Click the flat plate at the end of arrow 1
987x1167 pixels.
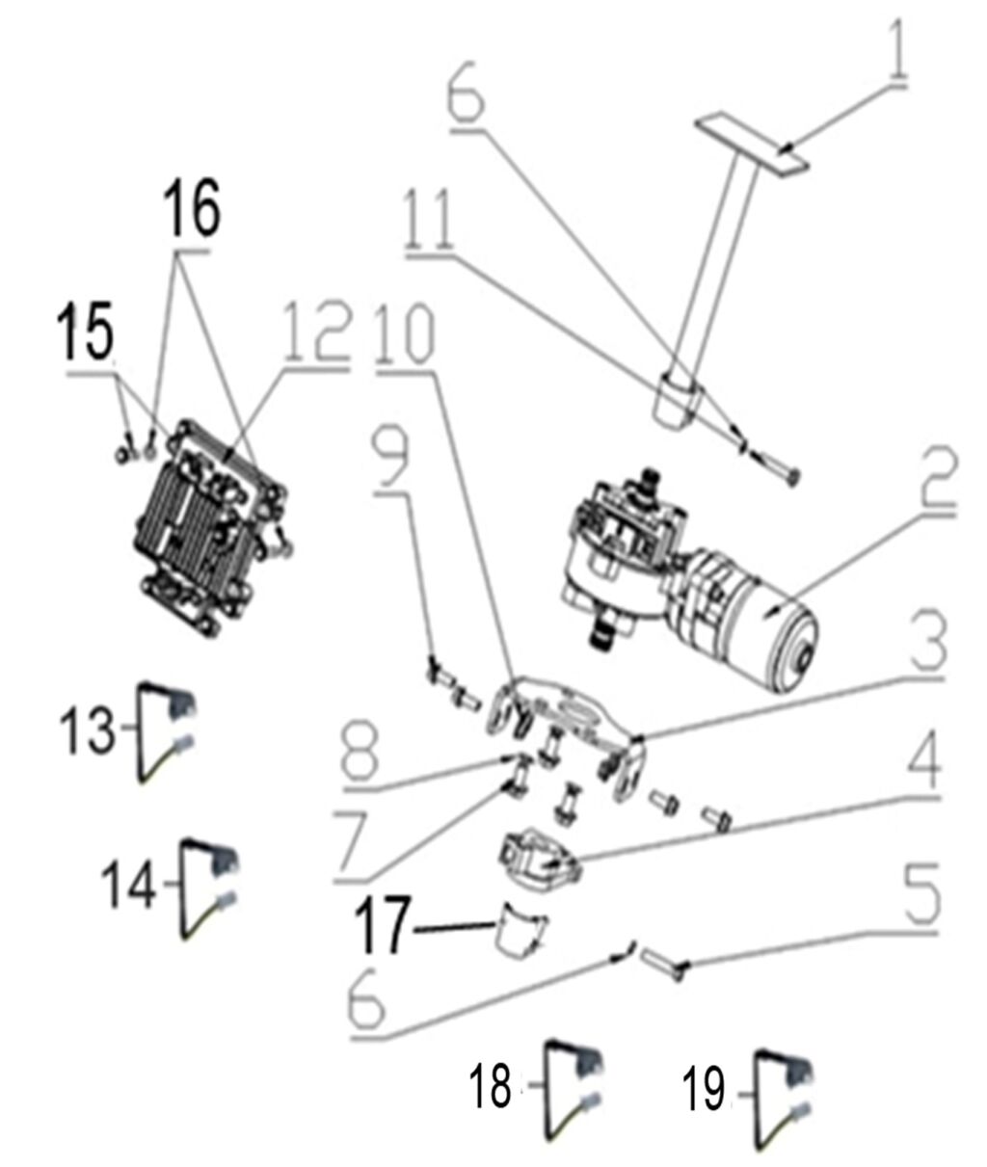click(x=752, y=144)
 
